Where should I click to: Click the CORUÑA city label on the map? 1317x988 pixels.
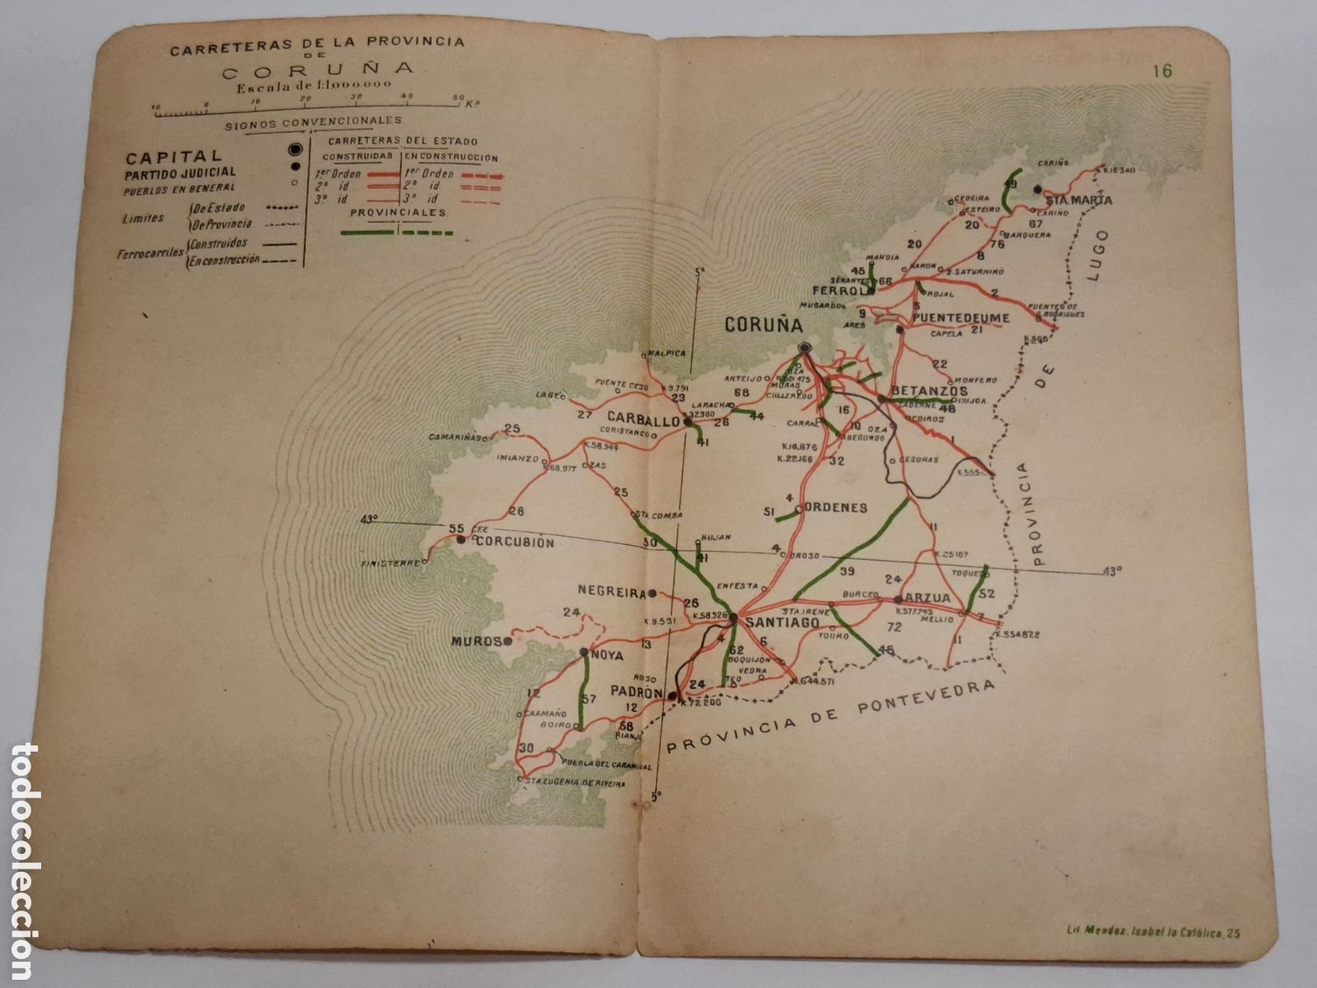(x=762, y=324)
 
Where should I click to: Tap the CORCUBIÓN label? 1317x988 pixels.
(x=515, y=543)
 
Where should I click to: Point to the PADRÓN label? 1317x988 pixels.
(x=636, y=693)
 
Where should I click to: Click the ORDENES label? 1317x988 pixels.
(x=835, y=508)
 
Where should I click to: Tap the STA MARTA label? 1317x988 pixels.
(x=1078, y=200)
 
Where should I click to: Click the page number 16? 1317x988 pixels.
(x=1162, y=71)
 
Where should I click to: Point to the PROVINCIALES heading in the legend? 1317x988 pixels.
(x=398, y=212)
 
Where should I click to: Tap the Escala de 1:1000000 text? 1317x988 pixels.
(x=313, y=85)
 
